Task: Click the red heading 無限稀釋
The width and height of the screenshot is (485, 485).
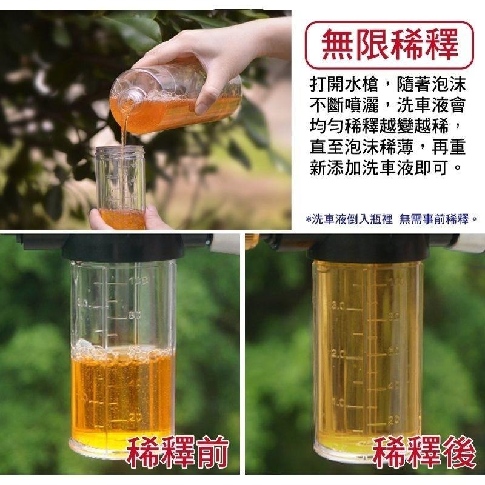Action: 389,45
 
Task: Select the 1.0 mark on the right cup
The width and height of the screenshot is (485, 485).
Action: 338,401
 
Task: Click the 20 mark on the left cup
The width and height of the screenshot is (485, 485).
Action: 135,417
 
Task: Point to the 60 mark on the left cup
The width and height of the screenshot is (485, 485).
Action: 135,315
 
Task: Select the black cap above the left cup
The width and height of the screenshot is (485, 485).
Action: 127,246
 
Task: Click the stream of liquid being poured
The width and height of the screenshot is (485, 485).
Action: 124,133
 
